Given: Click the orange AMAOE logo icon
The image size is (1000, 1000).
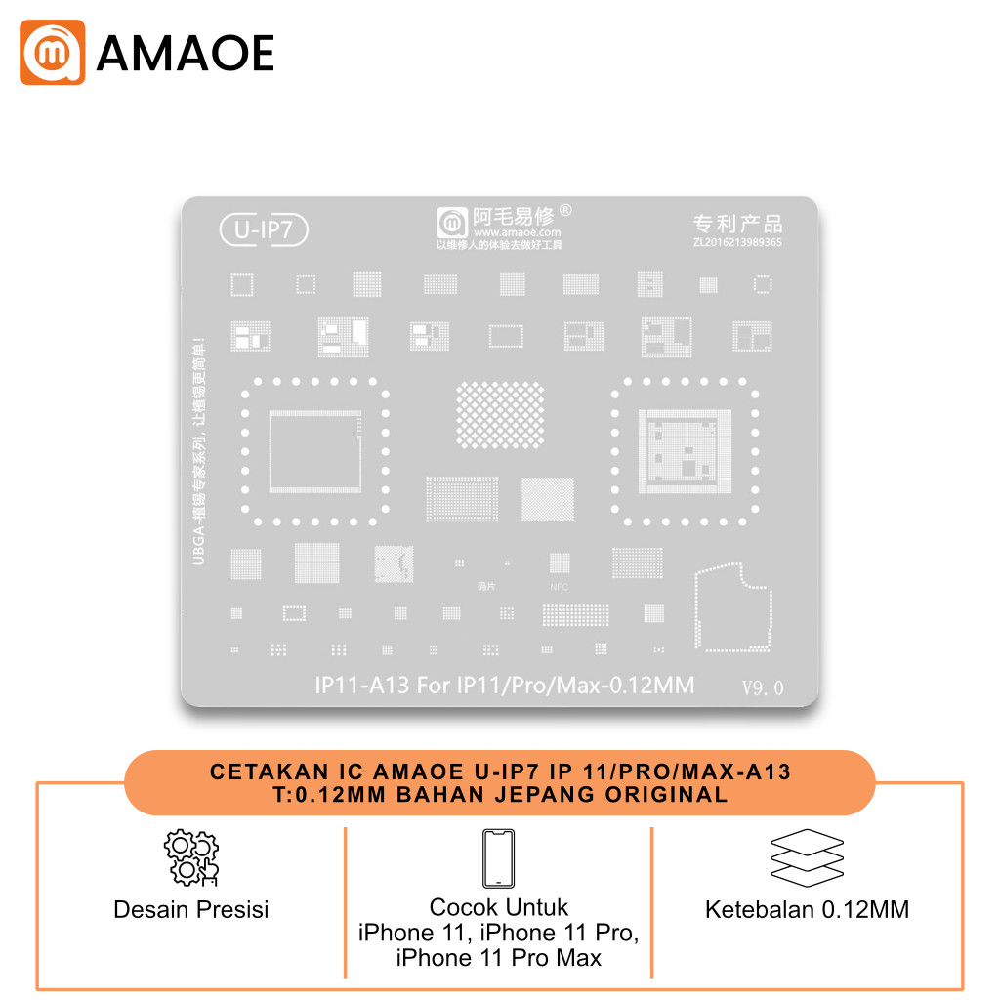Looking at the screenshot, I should pyautogui.click(x=52, y=52).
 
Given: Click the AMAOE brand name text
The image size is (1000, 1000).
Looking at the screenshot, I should pyautogui.click(x=185, y=53).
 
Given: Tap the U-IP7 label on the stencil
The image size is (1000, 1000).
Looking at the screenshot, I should pyautogui.click(x=265, y=230).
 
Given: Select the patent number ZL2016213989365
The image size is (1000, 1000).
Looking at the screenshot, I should pyautogui.click(x=737, y=243).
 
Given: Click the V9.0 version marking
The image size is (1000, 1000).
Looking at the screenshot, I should pyautogui.click(x=763, y=687).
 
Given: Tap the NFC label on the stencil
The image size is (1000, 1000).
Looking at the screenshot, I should pyautogui.click(x=559, y=587).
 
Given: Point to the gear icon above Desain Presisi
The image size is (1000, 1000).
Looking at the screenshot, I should pyautogui.click(x=190, y=858).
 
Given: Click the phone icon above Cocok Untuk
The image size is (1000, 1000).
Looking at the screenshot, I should pyautogui.click(x=498, y=858).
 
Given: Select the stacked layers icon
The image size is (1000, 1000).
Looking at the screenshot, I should pyautogui.click(x=807, y=856).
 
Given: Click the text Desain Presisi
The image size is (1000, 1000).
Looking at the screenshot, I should pyautogui.click(x=190, y=910).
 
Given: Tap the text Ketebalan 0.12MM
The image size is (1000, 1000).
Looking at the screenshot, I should pyautogui.click(x=807, y=910).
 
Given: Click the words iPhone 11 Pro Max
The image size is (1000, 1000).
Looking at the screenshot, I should pyautogui.click(x=498, y=958).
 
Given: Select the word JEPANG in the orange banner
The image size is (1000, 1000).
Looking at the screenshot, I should pyautogui.click(x=543, y=794).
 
